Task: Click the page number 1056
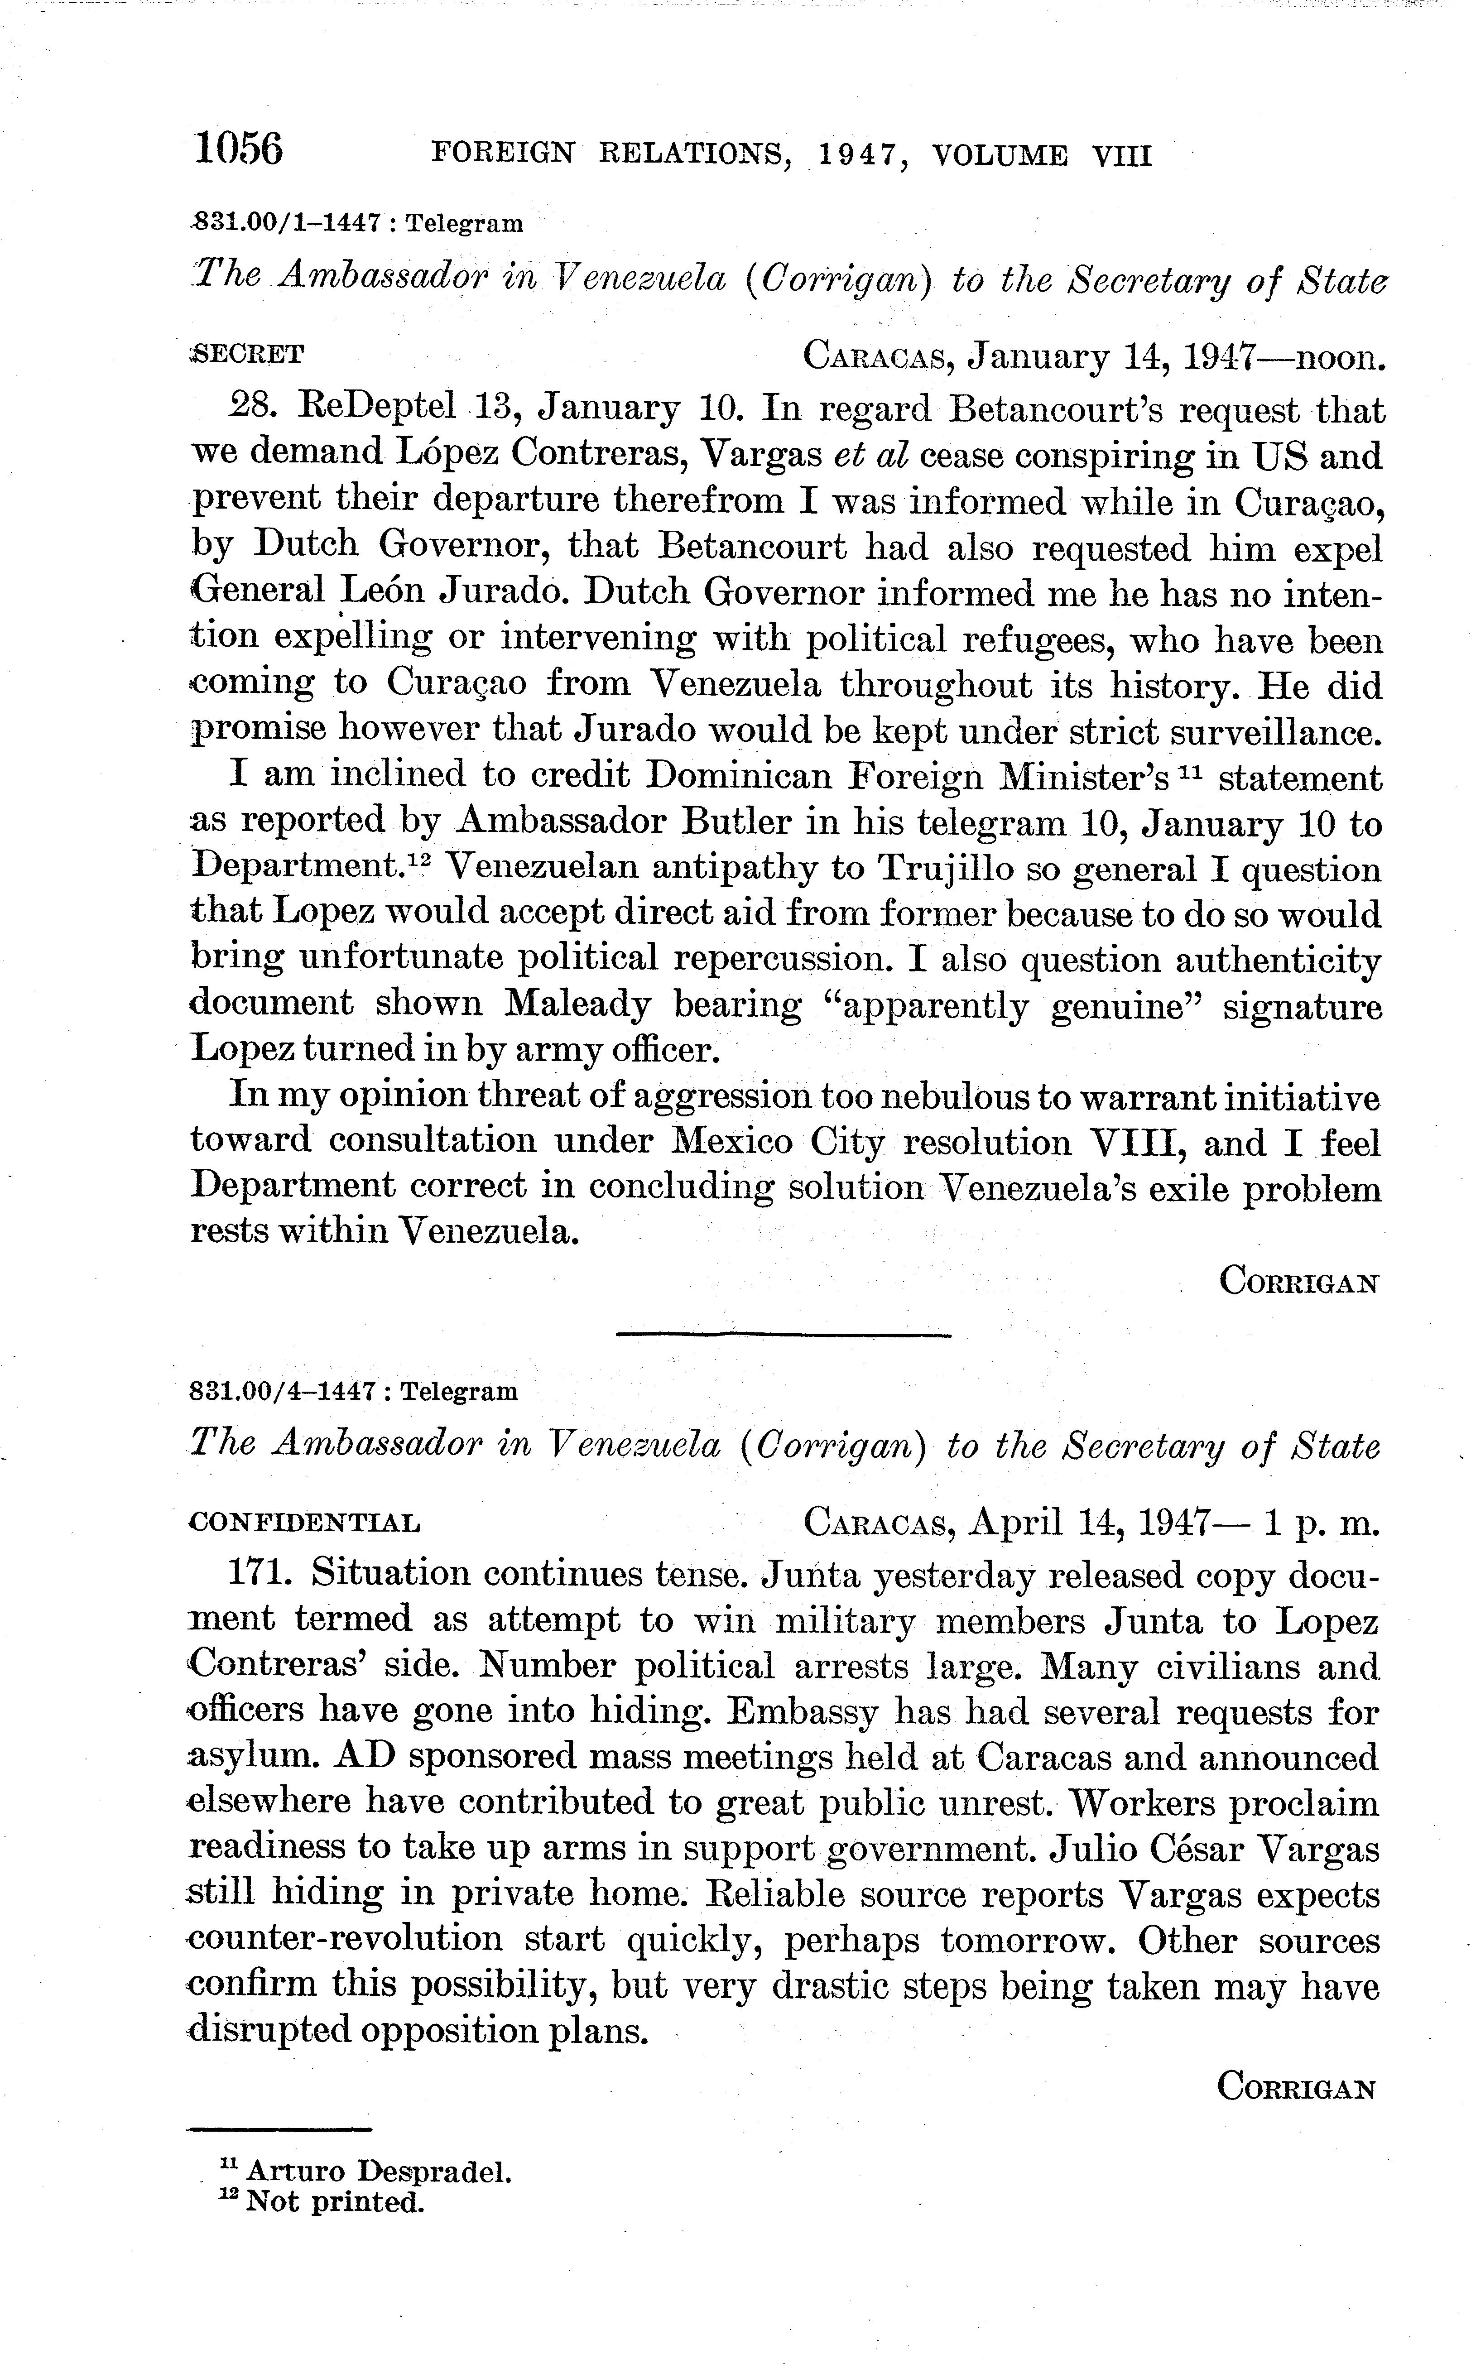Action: point(238,151)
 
